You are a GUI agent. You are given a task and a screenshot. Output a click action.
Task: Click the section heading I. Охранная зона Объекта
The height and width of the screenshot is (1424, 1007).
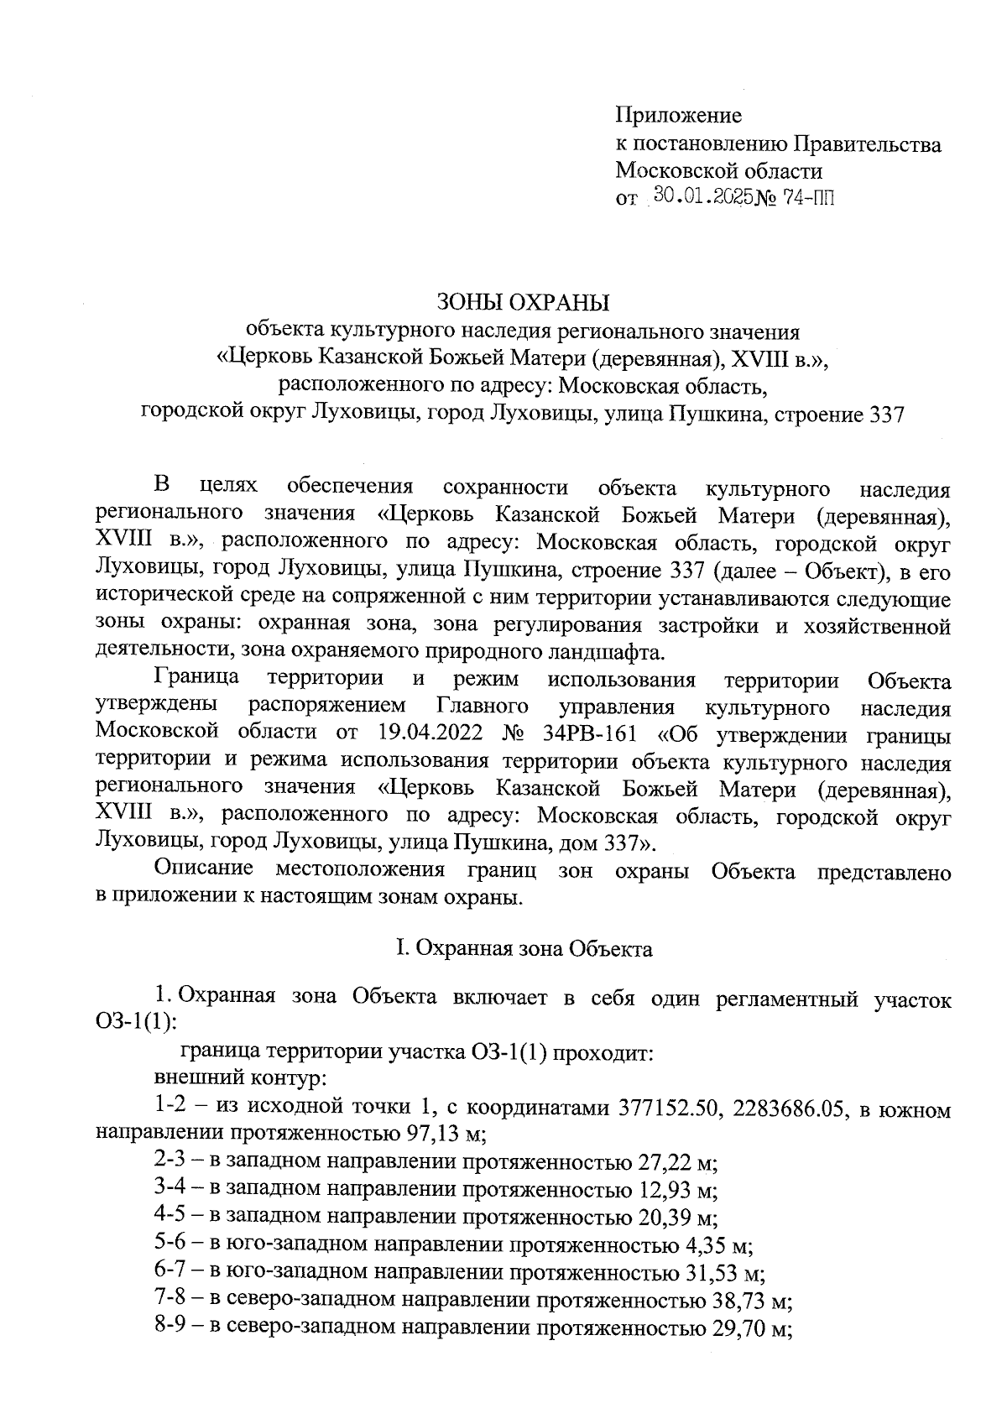(x=524, y=949)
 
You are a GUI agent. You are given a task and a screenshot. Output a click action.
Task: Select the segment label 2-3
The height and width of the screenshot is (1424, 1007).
(x=171, y=1163)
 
